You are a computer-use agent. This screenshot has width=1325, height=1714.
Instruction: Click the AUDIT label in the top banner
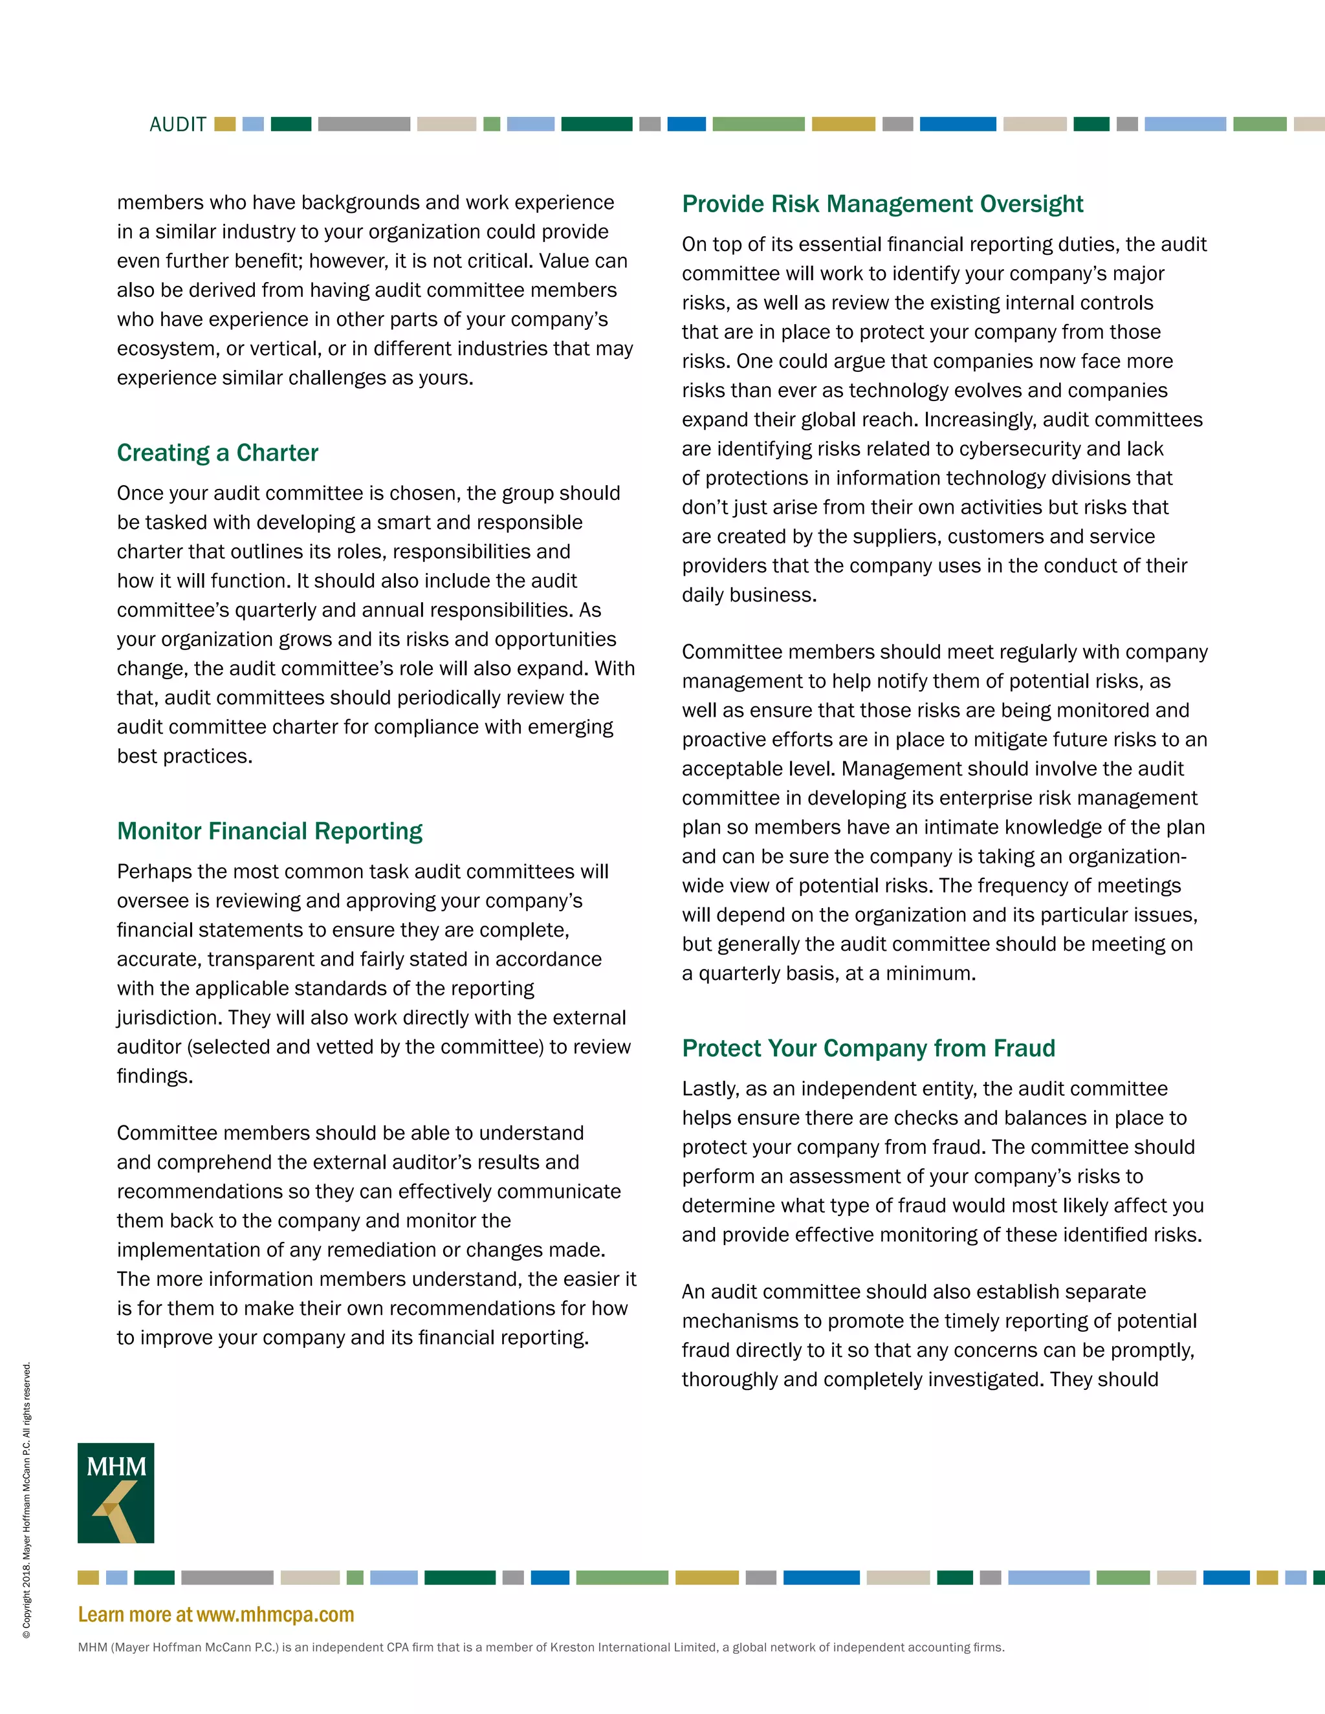pos(177,125)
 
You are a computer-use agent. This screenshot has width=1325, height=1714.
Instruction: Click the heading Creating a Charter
pos(217,453)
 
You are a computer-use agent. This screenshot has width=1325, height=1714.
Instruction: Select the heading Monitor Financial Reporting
pos(269,831)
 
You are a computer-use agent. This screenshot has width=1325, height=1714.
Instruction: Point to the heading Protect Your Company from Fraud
pos(868,1048)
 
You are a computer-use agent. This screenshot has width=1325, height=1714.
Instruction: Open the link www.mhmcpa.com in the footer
pos(275,1614)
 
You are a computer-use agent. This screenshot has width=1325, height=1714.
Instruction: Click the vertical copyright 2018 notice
pos(27,1499)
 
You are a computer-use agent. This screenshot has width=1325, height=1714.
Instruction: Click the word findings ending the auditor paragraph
pos(154,1076)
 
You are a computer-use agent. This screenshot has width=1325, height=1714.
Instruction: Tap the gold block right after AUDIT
pos(224,124)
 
